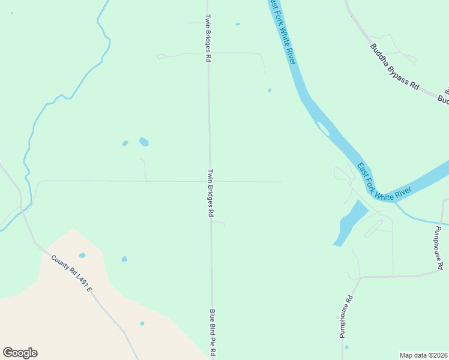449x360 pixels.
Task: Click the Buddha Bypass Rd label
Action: tap(394, 67)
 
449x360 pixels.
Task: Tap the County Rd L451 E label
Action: tap(71, 274)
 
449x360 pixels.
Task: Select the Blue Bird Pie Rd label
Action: tap(211, 333)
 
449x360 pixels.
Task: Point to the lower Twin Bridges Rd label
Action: tap(211, 192)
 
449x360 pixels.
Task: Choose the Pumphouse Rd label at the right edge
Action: tap(440, 248)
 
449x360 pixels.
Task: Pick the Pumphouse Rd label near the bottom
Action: tap(345, 316)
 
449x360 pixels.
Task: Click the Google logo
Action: tap(20, 353)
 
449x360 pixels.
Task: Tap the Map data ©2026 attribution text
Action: tap(423, 355)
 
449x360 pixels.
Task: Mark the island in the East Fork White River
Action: tap(323, 128)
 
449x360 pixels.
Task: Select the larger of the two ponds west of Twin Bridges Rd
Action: tap(144, 142)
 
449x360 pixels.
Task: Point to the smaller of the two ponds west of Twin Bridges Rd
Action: tap(125, 143)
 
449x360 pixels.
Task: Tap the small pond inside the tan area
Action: tap(142, 323)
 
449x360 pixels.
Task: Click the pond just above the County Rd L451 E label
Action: tap(82, 256)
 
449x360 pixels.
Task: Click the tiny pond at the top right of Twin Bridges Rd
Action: tap(238, 24)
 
